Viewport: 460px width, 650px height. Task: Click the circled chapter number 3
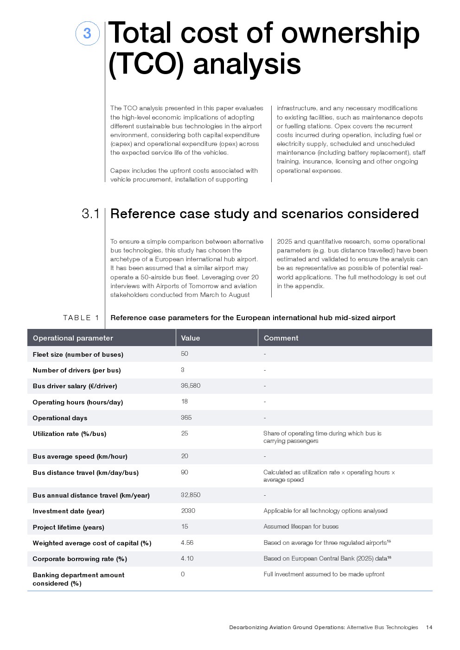87,33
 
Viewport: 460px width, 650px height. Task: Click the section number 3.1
90,214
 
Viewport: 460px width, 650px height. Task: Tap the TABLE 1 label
81,318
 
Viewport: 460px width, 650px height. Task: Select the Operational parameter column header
73,338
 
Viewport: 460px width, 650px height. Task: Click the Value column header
191,338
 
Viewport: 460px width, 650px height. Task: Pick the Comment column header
281,338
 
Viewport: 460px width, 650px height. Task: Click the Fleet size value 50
185,354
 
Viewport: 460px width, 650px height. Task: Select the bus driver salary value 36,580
191,385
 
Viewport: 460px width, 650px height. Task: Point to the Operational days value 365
186,417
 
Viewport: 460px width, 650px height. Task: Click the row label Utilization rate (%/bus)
70,434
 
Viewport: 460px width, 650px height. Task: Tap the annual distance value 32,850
191,495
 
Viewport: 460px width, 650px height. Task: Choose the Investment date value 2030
188,511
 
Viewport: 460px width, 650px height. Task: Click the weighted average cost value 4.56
187,543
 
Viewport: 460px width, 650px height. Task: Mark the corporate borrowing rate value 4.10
187,558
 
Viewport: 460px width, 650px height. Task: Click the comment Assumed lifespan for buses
301,527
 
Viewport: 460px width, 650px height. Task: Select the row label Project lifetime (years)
69,527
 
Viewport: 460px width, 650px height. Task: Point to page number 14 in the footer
429,627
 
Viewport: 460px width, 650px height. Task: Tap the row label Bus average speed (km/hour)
80,456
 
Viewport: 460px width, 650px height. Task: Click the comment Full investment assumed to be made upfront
324,574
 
